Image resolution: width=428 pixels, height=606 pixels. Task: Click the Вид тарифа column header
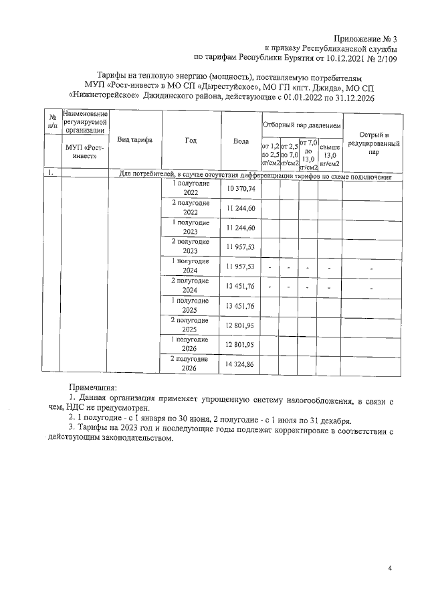pos(135,140)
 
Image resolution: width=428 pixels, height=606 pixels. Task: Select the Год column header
pos(191,140)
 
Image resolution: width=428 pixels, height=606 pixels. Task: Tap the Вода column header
pos(241,141)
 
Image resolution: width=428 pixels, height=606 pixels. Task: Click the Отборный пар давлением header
pos(301,125)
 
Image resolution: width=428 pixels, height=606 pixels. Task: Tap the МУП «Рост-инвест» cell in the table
pos(86,150)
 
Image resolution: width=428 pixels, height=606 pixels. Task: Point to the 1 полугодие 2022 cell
pos(191,188)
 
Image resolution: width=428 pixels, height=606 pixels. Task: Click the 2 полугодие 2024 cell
pos(191,286)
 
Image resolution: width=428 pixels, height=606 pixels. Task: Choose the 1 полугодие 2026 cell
pos(191,344)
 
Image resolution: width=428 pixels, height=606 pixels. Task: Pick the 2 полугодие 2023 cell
pos(191,247)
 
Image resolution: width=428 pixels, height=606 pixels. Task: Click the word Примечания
pos(93,388)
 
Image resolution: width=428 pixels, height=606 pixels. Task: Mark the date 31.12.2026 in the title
pos(351,98)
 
